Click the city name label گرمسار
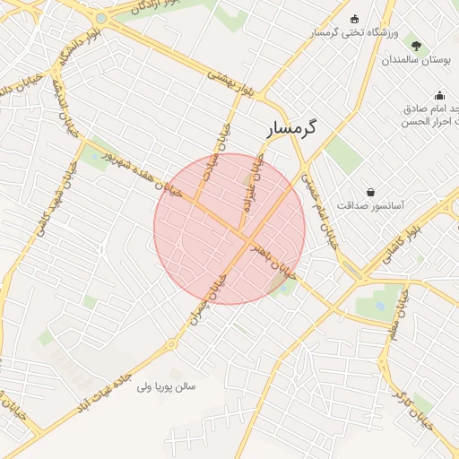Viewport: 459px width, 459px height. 292,128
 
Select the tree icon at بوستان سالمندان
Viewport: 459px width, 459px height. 415,43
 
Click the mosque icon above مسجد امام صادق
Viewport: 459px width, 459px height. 439,95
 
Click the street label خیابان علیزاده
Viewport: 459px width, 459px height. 255,182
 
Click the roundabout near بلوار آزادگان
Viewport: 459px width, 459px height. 100,18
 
